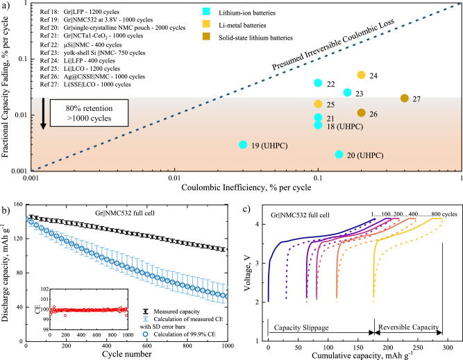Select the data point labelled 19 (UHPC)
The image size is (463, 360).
pos(243,144)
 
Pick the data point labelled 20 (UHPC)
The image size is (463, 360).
pos(339,154)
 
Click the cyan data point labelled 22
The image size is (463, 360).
pos(318,83)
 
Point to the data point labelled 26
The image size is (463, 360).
pos(361,112)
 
